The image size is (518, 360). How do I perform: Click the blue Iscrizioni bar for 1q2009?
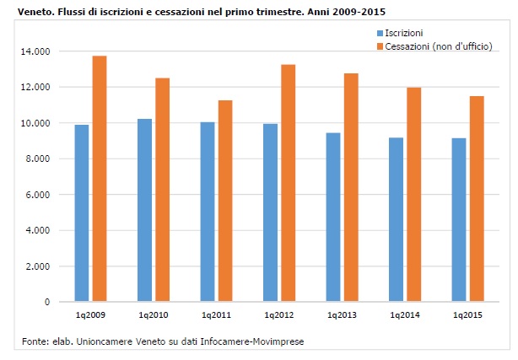(81, 212)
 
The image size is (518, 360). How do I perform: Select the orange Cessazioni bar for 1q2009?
(100, 178)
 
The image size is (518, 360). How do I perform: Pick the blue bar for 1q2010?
(144, 210)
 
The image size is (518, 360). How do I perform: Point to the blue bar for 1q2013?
(333, 217)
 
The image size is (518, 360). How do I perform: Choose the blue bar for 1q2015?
(459, 219)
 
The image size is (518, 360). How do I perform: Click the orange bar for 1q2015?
(478, 198)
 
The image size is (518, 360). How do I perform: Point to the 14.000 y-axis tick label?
(37, 51)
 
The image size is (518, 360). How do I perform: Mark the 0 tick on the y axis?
(47, 302)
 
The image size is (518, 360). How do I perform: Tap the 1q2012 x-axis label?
(279, 314)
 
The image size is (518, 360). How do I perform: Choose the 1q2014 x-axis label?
(405, 314)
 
